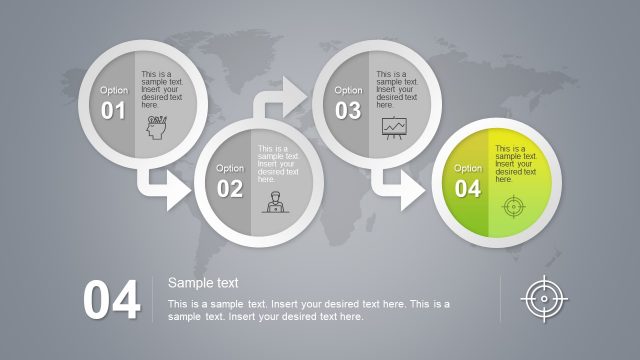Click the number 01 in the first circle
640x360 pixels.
[113, 111]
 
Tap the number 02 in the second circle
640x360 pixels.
[229, 189]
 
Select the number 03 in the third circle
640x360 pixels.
[348, 111]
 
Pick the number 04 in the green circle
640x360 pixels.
[468, 189]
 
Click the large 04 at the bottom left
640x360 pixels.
[111, 301]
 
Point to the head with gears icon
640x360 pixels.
[157, 127]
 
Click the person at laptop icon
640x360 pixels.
[272, 203]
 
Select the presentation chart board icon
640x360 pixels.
[394, 127]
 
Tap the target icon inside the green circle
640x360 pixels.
[513, 207]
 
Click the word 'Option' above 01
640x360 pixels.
[113, 90]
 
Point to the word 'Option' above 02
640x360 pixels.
[230, 168]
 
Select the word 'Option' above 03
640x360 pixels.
[348, 90]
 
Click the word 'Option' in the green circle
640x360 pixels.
[468, 168]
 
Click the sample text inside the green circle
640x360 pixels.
[516, 164]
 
